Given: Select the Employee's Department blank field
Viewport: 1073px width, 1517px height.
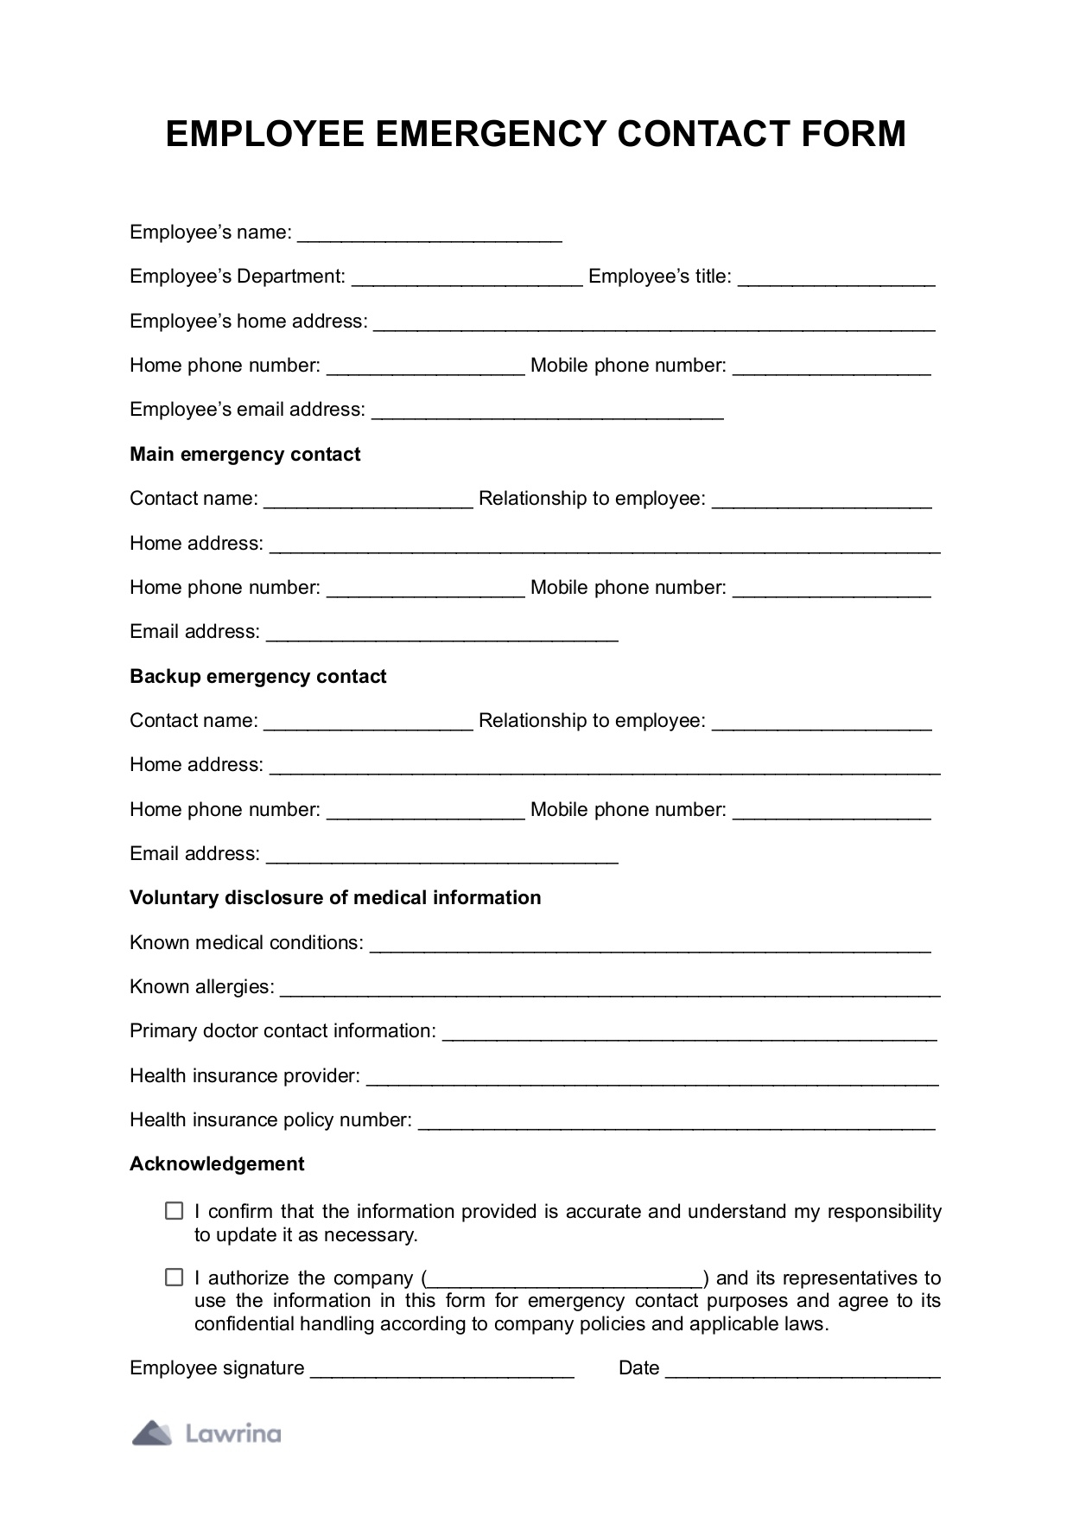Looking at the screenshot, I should pyautogui.click(x=467, y=279).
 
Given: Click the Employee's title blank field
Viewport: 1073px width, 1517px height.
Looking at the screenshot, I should pyautogui.click(x=836, y=279).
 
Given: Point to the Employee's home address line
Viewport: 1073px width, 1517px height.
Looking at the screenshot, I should pyautogui.click(x=654, y=324).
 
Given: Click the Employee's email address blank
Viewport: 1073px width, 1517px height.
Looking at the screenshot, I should pyautogui.click(x=547, y=412).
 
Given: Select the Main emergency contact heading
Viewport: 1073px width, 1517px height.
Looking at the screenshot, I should pyautogui.click(x=244, y=455).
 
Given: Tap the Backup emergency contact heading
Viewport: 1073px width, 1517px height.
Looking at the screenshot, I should pyautogui.click(x=257, y=677).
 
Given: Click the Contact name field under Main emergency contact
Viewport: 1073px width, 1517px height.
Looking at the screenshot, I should pyautogui.click(x=368, y=501).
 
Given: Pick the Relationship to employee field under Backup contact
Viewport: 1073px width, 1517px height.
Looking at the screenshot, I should pyautogui.click(x=822, y=723).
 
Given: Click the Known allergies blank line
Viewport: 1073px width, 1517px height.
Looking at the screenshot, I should pyautogui.click(x=610, y=990).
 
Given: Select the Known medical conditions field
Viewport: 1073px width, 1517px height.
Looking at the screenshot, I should pyautogui.click(x=650, y=946).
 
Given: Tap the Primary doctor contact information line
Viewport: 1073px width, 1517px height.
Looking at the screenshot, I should pyautogui.click(x=689, y=1034).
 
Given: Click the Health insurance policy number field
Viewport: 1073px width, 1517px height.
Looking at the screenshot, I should pyautogui.click(x=676, y=1123).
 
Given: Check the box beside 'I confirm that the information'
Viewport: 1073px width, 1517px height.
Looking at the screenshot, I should pyautogui.click(x=175, y=1211).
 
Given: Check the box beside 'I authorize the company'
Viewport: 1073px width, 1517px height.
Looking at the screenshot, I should pyautogui.click(x=175, y=1278).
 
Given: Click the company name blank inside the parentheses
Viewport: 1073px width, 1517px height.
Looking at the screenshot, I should pyautogui.click(x=565, y=1281).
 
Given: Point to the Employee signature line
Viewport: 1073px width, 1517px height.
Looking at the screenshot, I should pyautogui.click(x=441, y=1371).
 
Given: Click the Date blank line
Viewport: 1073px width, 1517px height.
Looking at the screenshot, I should pyautogui.click(x=803, y=1371).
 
